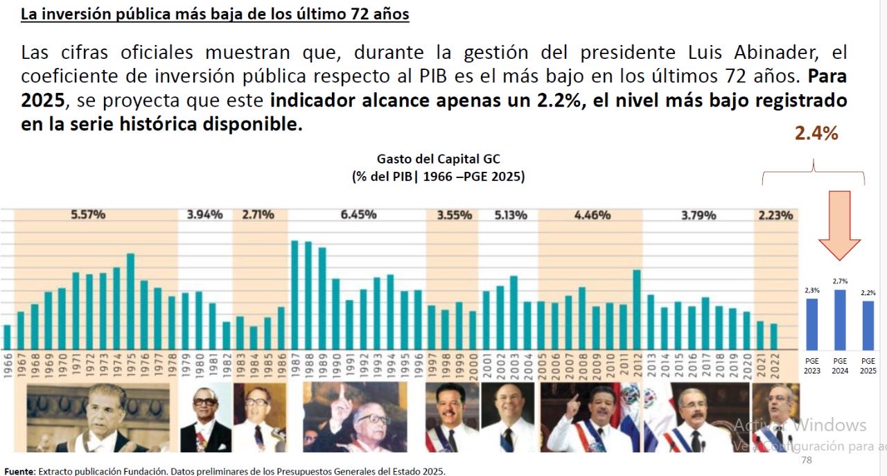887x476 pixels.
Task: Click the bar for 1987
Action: click(x=295, y=294)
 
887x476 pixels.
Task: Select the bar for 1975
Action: click(x=130, y=301)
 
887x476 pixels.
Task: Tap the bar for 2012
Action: click(x=637, y=309)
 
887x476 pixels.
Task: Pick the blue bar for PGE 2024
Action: click(x=840, y=319)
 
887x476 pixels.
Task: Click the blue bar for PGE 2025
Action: click(x=868, y=325)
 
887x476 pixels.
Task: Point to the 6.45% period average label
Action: click(x=358, y=215)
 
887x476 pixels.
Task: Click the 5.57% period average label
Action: click(x=88, y=215)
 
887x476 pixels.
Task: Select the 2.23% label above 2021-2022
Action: click(x=775, y=215)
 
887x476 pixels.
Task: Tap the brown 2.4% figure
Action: click(x=816, y=134)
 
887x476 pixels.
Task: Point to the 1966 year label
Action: click(x=8, y=367)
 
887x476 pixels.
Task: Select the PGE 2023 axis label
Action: click(x=812, y=366)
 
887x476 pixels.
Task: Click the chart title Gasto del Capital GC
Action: click(x=438, y=160)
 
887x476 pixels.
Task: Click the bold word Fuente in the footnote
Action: click(x=18, y=471)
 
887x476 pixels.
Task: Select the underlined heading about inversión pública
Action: click(x=215, y=14)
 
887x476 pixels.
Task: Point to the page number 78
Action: click(x=806, y=460)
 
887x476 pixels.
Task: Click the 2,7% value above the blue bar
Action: click(x=840, y=281)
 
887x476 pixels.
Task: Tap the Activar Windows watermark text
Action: click(x=800, y=425)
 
